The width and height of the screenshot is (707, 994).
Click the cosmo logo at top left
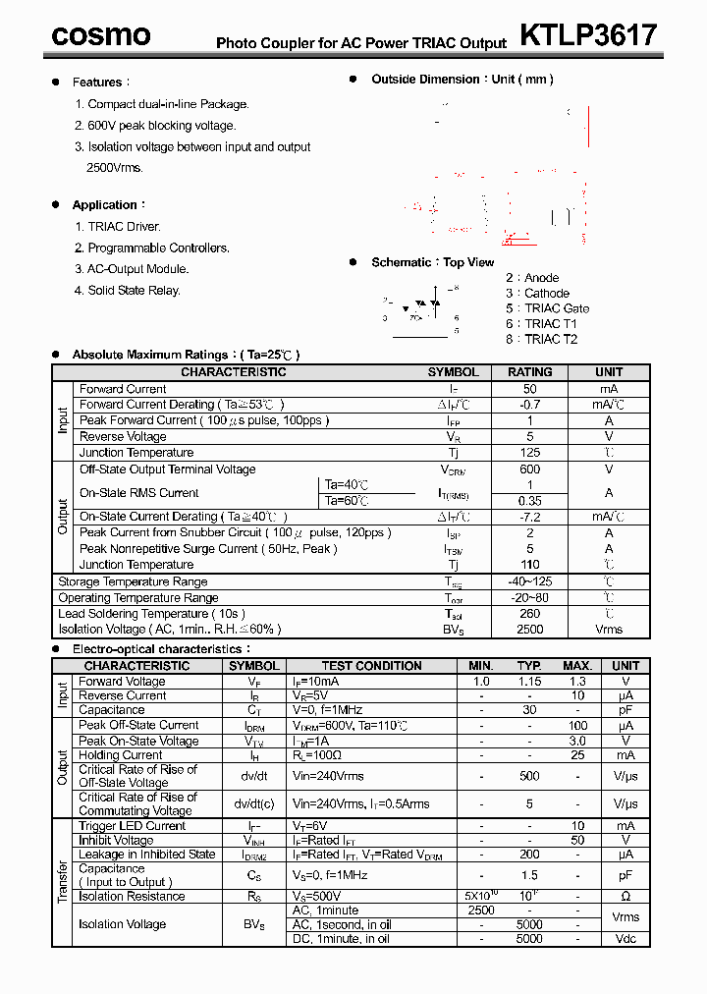coord(101,35)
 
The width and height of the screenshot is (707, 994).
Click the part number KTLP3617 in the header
coord(587,35)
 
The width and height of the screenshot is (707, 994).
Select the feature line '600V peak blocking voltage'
coord(161,126)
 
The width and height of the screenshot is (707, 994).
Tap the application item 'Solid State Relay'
coord(134,291)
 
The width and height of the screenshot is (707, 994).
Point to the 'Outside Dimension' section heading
coord(462,80)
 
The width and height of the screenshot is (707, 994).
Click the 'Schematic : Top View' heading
coord(432,262)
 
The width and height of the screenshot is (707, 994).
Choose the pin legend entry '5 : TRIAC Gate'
coord(547,308)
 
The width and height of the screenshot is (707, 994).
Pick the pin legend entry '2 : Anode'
coord(532,278)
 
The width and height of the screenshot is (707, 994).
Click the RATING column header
coord(529,372)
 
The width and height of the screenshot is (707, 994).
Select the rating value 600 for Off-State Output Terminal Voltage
coord(529,469)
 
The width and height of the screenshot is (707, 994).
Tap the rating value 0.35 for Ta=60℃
coord(529,501)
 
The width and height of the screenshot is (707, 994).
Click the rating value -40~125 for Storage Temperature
coord(529,581)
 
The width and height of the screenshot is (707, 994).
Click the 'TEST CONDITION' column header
coord(372,666)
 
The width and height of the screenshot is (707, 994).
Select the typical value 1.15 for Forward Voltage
coord(529,681)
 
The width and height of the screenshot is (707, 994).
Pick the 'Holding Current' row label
coord(121,755)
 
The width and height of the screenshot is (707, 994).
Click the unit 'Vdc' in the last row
coord(625,939)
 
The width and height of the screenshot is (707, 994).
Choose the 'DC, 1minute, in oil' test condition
coord(341,939)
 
